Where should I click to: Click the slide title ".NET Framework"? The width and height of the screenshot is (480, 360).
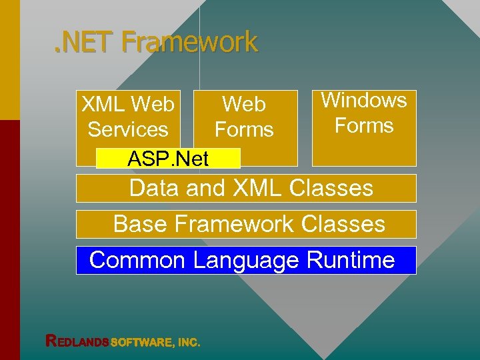coord(155,43)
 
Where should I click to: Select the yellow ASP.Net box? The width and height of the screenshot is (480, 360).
coord(168,159)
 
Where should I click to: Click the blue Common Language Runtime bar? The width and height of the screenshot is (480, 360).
coord(246,260)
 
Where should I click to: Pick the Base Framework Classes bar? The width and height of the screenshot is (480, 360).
coord(246,224)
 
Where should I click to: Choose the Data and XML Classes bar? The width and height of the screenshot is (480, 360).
coord(246,188)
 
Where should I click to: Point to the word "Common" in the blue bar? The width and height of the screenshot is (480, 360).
coord(137,260)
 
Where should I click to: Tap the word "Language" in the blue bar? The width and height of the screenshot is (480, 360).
coord(246,260)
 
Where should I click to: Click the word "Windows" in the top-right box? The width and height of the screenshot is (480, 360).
coord(364,101)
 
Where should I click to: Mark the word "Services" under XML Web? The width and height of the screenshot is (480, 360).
coord(128,129)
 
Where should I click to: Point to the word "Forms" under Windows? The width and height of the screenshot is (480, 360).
coord(364,125)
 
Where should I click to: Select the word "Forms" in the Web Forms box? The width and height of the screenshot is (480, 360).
coord(244,129)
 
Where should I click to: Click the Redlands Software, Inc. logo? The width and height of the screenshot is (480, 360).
coord(123,342)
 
